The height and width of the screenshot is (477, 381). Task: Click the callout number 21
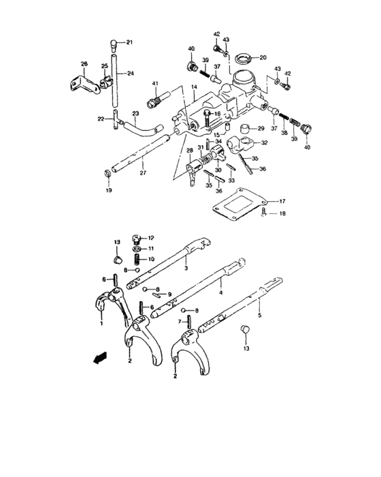pos(130,42)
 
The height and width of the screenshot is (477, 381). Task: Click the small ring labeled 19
pos(108,179)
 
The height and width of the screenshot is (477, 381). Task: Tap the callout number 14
pos(194,87)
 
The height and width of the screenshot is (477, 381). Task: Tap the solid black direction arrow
pos(100,356)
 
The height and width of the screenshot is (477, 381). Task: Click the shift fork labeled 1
pos(108,303)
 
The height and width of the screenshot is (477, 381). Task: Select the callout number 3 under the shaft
pos(185,268)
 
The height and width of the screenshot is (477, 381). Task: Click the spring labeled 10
pos(135,259)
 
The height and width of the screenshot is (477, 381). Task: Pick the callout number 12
pos(150,238)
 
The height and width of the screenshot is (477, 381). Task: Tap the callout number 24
pos(130,73)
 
